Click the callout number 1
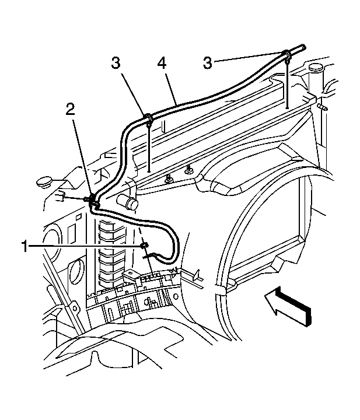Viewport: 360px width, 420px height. click(x=25, y=246)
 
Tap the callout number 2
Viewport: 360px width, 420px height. click(x=71, y=110)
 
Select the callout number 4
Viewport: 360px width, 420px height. click(x=162, y=64)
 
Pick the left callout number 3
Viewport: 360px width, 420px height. click(x=116, y=64)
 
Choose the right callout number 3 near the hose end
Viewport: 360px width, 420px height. click(x=207, y=64)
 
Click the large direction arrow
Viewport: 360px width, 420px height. click(x=289, y=305)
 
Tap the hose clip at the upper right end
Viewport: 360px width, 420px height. click(x=287, y=56)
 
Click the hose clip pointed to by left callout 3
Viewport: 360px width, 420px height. click(x=148, y=120)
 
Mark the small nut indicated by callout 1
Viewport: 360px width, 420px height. click(x=145, y=246)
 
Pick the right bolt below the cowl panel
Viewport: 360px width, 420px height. click(x=190, y=169)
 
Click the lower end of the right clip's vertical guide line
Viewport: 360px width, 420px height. click(x=287, y=108)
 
